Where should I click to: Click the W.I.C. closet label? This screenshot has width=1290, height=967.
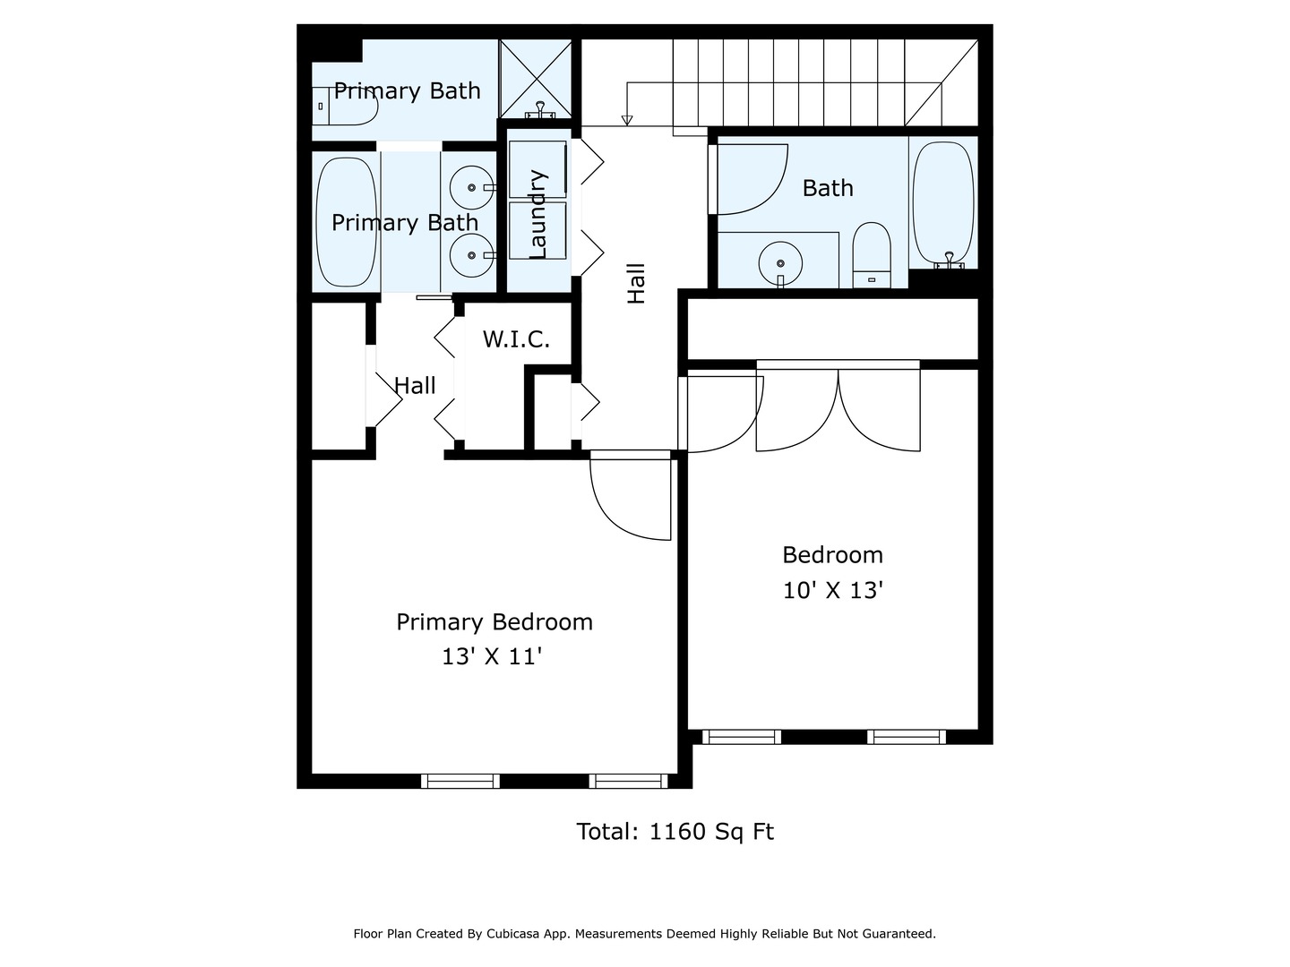516,338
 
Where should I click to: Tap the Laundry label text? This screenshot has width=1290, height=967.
537,214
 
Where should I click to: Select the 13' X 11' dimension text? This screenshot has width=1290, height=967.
491,656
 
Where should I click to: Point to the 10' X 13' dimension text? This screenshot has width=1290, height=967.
833,589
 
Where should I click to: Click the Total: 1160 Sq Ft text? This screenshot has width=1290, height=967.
675,832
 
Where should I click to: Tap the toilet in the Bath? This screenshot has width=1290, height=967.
872,255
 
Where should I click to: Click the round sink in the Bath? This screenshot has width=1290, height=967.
780,263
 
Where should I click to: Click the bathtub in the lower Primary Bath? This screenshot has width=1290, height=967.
346,222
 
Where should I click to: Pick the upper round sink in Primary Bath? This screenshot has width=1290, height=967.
471,187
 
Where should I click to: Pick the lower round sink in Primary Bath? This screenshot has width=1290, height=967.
471,255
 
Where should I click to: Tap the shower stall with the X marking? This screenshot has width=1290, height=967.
535,80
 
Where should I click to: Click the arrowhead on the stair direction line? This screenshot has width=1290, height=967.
627,120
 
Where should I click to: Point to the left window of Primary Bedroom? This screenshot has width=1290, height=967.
460,781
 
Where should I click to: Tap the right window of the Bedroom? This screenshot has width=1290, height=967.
907,737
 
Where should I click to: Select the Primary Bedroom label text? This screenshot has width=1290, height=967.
494,621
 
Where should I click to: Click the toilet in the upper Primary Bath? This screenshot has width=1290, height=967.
344,106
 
